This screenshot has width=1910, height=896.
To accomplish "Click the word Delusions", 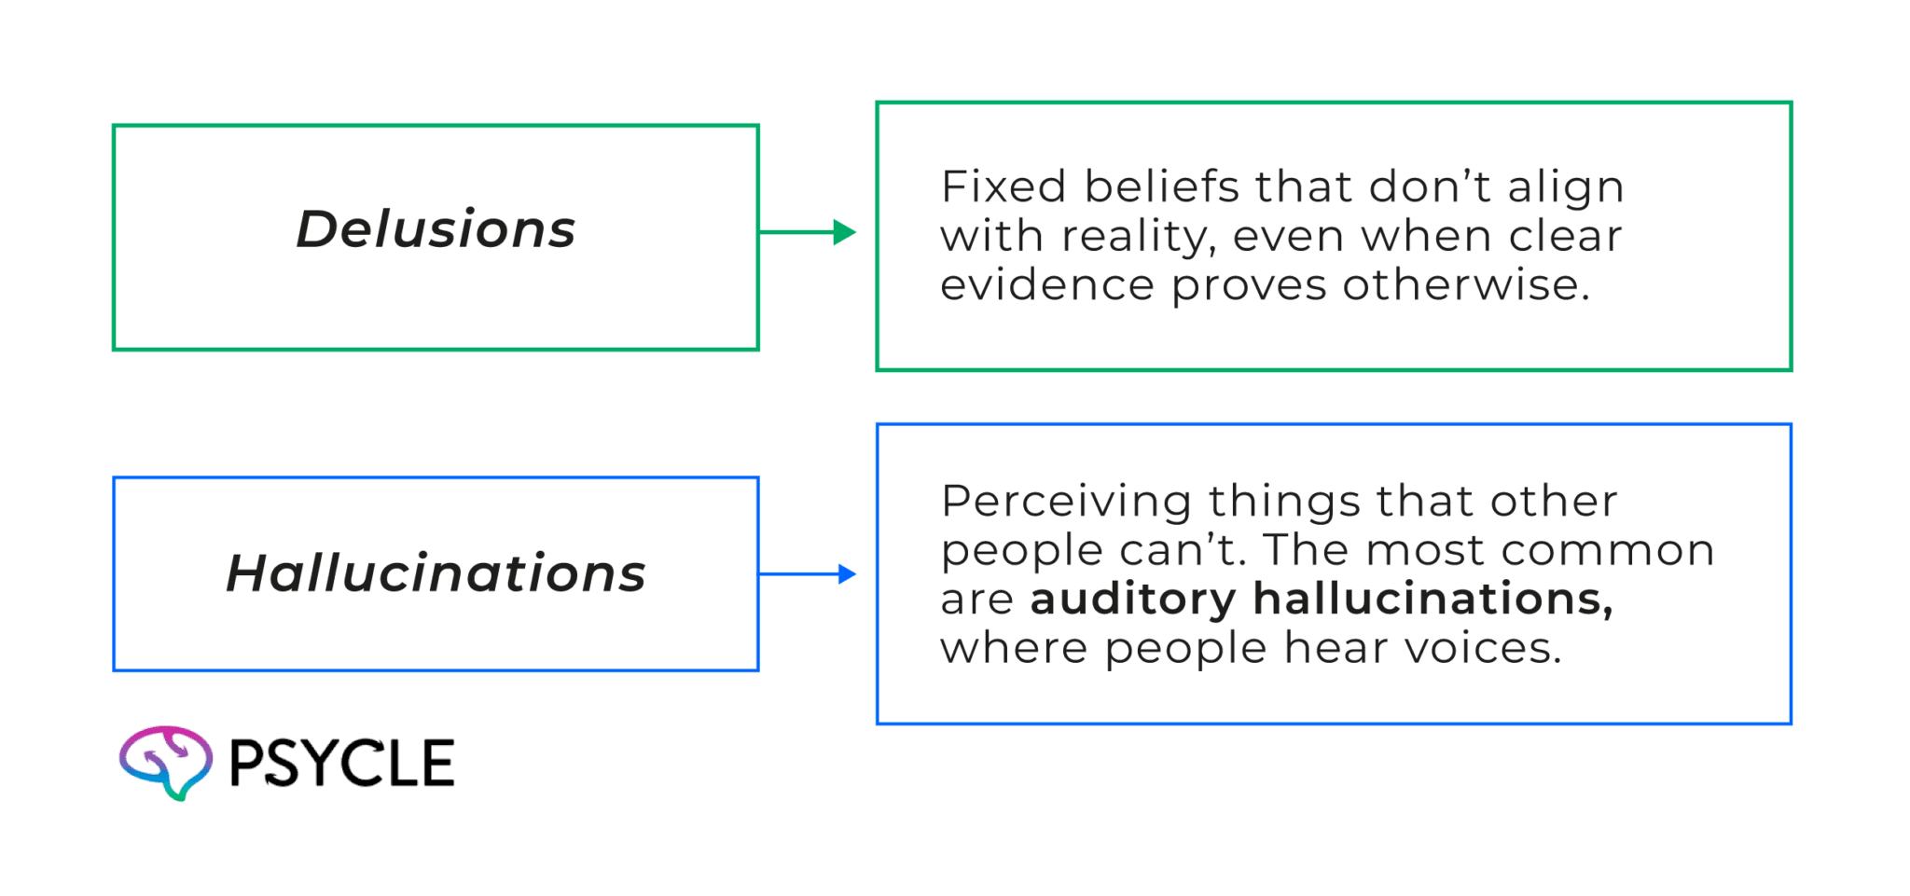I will point(436,229).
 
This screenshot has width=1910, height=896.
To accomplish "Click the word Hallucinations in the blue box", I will point(436,572).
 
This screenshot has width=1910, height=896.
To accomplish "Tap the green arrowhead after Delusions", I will point(844,232).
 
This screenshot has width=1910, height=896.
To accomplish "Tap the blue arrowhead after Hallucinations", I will point(847,574).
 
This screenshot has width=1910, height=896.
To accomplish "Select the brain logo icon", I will point(166,761).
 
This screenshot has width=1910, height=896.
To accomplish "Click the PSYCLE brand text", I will point(341,764).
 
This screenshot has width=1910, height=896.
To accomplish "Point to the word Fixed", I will point(1003,186).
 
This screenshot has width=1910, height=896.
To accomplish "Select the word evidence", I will point(1046,284).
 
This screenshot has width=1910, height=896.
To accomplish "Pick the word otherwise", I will point(1466,284).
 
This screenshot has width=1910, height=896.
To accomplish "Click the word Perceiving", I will point(1066,502).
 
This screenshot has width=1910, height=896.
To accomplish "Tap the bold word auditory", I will point(1132,599).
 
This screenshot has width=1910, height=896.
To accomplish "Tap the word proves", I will point(1248,286).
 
